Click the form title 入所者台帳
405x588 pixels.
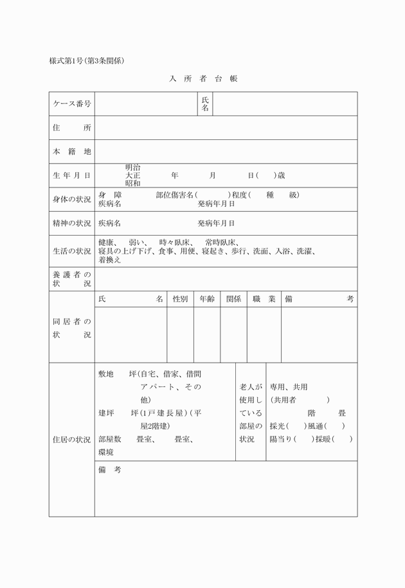(203, 79)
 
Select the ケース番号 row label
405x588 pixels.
(71, 104)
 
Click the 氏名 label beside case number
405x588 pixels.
(205, 104)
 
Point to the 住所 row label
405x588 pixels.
(71, 128)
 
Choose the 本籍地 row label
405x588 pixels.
(71, 151)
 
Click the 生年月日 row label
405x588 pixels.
(71, 175)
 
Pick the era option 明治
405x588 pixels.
(133, 167)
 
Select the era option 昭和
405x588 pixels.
(133, 183)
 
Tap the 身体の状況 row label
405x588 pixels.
(71, 199)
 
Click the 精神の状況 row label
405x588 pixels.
(71, 223)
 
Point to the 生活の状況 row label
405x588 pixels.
(71, 251)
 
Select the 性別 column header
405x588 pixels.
(180, 299)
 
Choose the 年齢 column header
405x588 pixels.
(207, 299)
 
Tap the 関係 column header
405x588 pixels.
(233, 299)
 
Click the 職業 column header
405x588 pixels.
(264, 299)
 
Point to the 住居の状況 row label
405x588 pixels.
(71, 440)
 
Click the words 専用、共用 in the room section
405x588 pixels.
(289, 387)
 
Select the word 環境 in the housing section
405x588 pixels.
(106, 453)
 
